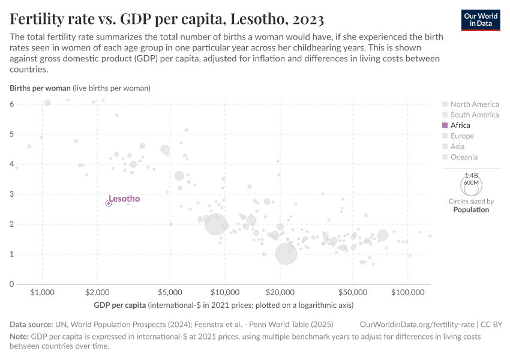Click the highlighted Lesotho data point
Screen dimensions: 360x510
(x=109, y=203)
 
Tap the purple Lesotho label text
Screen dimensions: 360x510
(x=124, y=199)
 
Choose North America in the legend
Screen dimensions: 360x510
(x=474, y=104)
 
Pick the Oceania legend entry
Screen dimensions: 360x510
(x=464, y=157)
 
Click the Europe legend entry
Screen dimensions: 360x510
(x=462, y=136)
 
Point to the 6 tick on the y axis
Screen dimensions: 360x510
(x=11, y=104)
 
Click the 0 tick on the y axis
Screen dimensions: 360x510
(x=11, y=284)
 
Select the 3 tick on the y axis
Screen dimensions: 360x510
(x=11, y=194)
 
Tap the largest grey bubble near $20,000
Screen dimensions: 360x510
(x=286, y=254)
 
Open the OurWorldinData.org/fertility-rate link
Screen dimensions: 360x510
(x=418, y=324)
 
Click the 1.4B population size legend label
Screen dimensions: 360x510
(x=471, y=176)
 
